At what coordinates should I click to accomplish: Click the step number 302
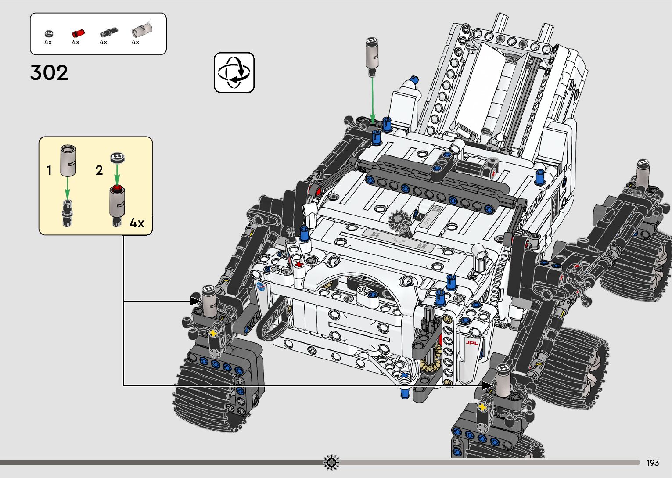pyautogui.click(x=49, y=73)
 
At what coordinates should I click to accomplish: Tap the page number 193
pyautogui.click(x=653, y=463)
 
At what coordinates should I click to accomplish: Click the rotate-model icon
pyautogui.click(x=234, y=72)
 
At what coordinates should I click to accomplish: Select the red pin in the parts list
pyautogui.click(x=78, y=33)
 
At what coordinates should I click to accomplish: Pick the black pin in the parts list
pyautogui.click(x=107, y=32)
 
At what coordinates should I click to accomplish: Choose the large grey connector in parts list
pyautogui.click(x=142, y=30)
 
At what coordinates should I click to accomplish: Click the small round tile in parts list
pyautogui.click(x=49, y=34)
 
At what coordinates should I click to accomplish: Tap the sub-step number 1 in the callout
pyautogui.click(x=49, y=170)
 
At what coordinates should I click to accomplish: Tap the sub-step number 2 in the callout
pyautogui.click(x=99, y=170)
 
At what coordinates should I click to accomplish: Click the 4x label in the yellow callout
pyautogui.click(x=137, y=223)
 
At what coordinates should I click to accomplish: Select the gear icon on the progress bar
pyautogui.click(x=331, y=462)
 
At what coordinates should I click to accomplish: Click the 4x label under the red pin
pyautogui.click(x=75, y=43)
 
